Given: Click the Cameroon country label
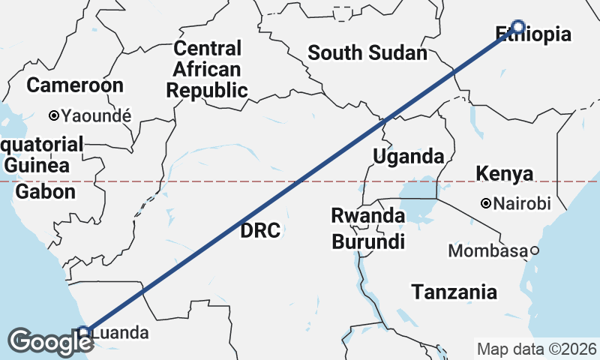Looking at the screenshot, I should pos(75,85).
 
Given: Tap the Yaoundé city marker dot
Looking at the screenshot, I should pos(54,115).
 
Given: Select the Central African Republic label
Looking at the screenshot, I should pos(207,70).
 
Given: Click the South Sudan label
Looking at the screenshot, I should pos(367,53).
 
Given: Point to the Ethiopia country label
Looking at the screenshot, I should pos(533,34).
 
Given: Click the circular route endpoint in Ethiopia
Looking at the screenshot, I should pos(517,25).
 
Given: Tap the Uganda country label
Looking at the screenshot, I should pos(408,157).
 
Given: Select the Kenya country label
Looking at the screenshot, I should pos(505,174).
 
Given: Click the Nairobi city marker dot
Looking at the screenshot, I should pos(486,203).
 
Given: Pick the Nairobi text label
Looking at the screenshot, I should pos(523,203).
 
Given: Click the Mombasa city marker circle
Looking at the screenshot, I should pos(535,250).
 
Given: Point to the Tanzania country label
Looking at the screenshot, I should pos(454,292).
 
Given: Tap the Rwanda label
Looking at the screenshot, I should pos(367,216).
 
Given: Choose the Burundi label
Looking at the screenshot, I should pos(368,241).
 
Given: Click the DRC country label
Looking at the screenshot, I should pos(260,230).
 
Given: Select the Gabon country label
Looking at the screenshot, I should pos(46,192).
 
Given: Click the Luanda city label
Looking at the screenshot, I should pos(123,332).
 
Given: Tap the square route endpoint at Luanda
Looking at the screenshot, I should pos(85,331).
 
